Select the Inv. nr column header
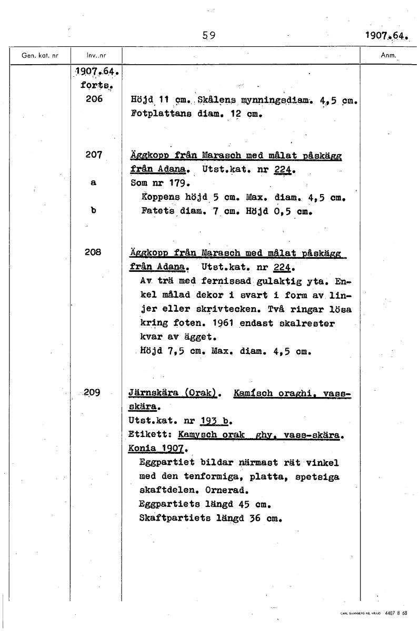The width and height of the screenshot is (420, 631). [96, 55]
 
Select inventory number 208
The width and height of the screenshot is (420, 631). [96, 252]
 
